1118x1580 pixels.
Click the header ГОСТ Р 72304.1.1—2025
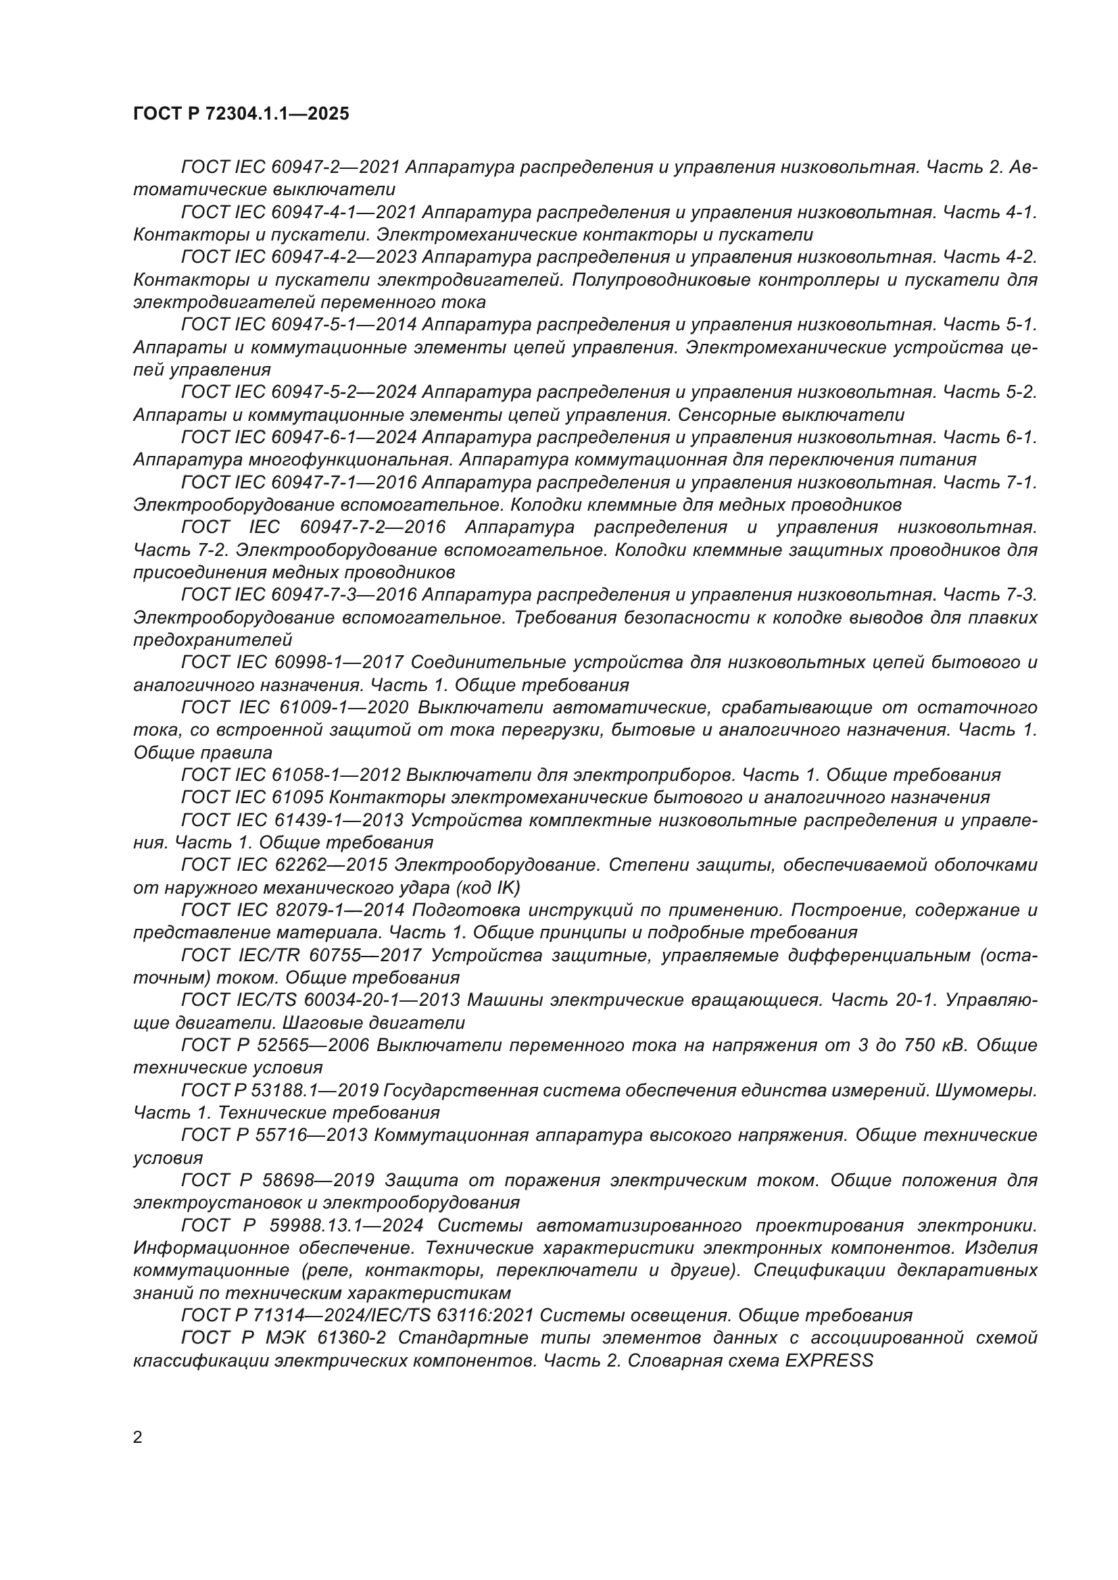[x=241, y=113]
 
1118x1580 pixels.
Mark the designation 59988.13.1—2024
[x=343, y=1225]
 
